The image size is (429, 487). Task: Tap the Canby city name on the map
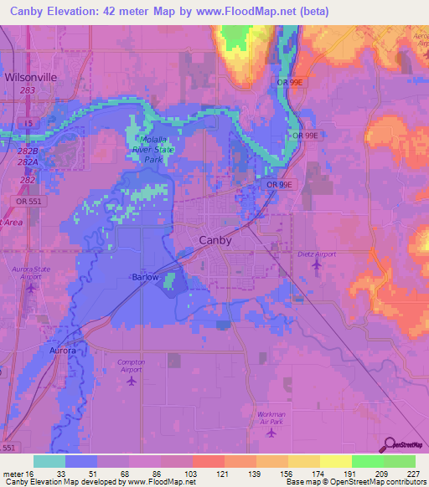tap(214, 239)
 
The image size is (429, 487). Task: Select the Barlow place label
tap(145, 277)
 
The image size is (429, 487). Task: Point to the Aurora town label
tap(64, 351)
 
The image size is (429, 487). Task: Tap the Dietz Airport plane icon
tap(316, 265)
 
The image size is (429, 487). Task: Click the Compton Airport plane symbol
tap(131, 382)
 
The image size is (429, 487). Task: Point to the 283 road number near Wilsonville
tap(28, 90)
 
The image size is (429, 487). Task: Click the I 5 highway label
tap(28, 124)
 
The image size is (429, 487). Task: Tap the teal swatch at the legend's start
tap(49, 461)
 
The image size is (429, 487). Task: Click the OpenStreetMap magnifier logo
tap(389, 445)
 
